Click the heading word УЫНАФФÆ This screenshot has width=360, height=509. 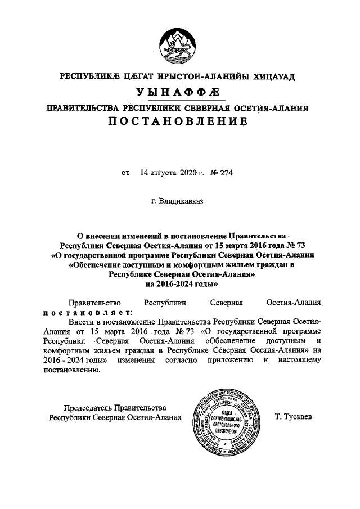point(179,92)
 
